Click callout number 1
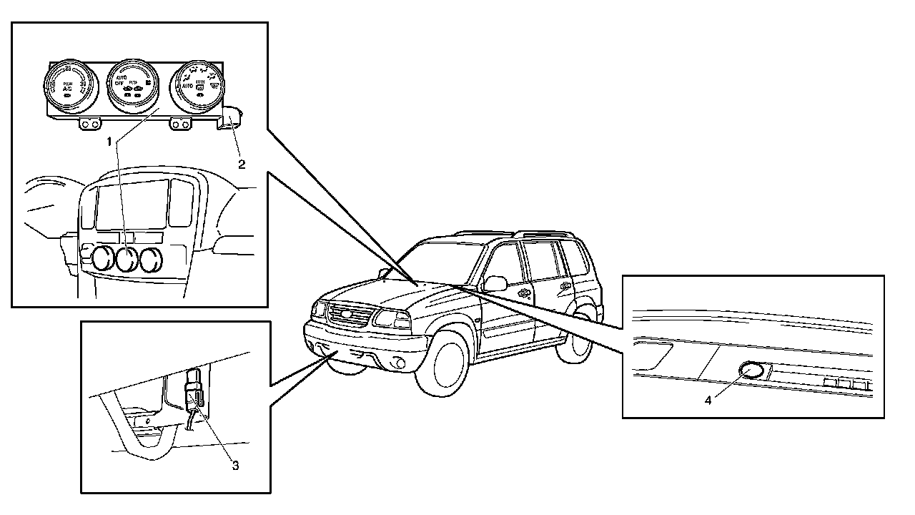110,142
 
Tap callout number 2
242,164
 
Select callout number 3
234,466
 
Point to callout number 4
708,401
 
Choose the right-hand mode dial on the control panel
197,86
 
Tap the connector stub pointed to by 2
230,117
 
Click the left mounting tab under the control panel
89,124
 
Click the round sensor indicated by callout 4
751,371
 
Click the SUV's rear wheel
583,330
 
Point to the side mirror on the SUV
494,284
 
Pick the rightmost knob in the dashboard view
151,260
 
